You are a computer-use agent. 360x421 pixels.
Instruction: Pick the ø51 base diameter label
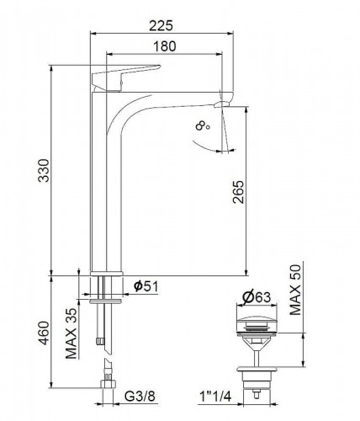(x=146, y=286)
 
